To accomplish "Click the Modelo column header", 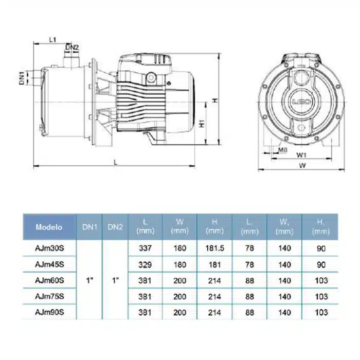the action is click(x=49, y=227).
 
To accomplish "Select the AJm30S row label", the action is click(x=49, y=248).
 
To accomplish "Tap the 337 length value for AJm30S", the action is click(x=145, y=248).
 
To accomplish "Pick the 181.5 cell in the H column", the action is click(x=214, y=248).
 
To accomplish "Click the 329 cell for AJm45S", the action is click(x=145, y=265).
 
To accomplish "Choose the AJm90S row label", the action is click(x=49, y=312).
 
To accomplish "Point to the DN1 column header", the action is click(x=89, y=227).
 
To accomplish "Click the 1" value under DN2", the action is click(x=115, y=280).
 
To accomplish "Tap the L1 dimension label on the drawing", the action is click(x=52, y=40).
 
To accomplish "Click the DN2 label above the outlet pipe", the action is click(x=72, y=47).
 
